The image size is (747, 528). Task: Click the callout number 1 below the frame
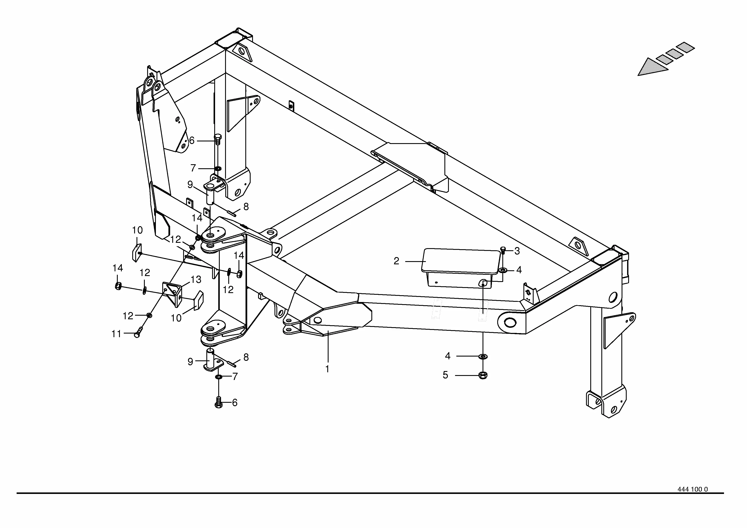coord(327,369)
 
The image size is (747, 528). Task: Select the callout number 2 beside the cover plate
coord(396,261)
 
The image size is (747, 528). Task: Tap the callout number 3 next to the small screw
coord(517,251)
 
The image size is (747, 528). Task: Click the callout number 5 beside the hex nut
coord(445,375)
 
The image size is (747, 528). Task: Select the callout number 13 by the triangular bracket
coord(196,279)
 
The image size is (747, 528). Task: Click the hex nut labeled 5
coord(483,375)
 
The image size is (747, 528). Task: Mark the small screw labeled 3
coord(503,250)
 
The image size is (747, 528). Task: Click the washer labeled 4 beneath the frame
coord(483,357)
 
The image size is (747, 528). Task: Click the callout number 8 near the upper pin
coord(246,207)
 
